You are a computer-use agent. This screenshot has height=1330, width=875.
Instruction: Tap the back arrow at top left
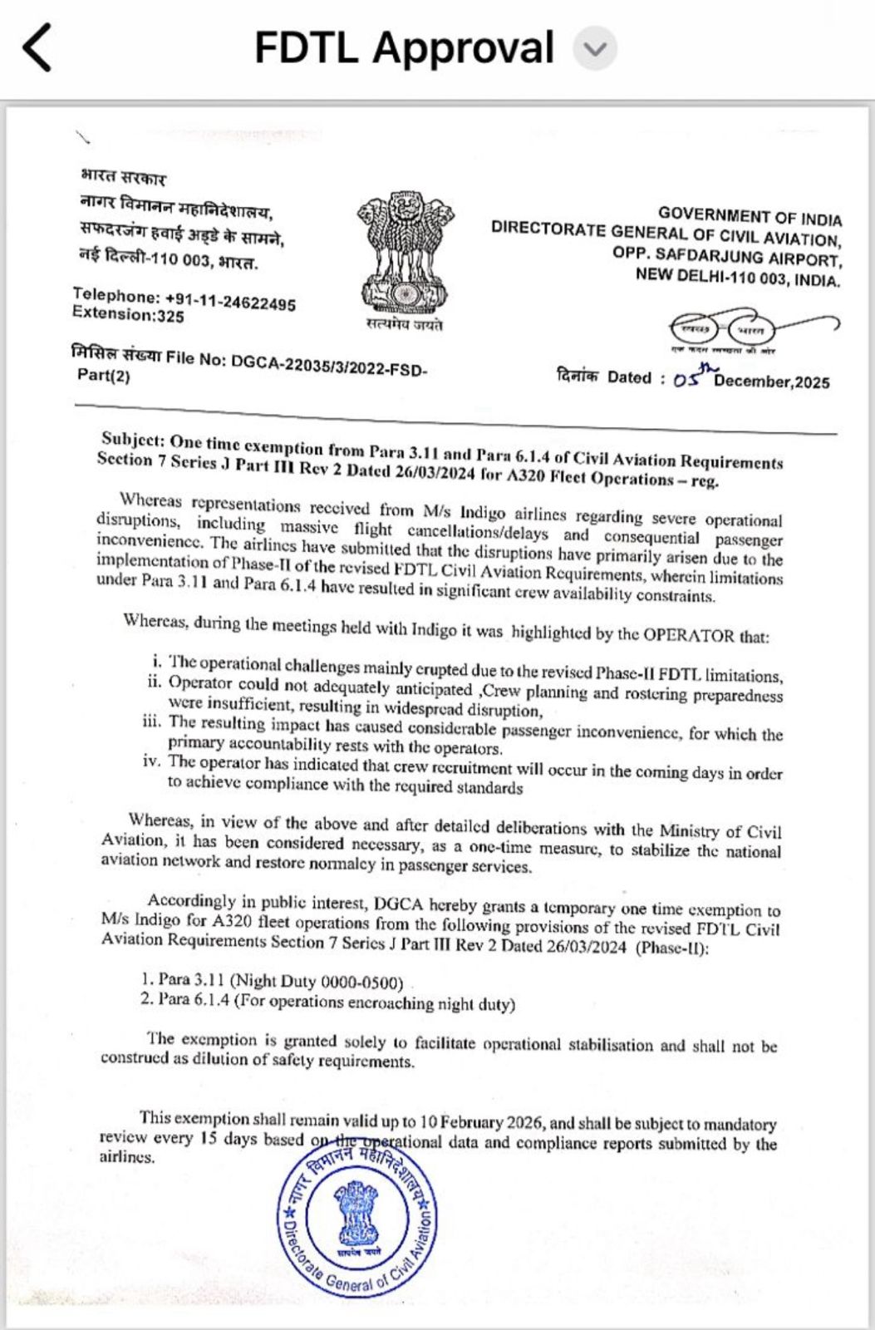(x=37, y=47)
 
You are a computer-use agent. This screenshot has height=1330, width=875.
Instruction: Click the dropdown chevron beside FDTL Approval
(x=595, y=48)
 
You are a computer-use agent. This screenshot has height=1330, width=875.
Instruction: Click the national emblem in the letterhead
(x=405, y=251)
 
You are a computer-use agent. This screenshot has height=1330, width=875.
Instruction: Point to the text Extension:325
(x=128, y=315)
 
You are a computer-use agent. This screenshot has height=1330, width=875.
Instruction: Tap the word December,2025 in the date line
(x=771, y=382)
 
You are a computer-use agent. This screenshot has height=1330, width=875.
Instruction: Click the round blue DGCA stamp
(x=357, y=1218)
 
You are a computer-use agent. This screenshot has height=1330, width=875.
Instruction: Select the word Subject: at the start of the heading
(x=132, y=440)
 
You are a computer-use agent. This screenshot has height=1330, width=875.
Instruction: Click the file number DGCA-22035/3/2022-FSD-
(x=329, y=364)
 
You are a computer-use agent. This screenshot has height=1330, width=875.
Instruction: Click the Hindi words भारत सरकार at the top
(x=123, y=177)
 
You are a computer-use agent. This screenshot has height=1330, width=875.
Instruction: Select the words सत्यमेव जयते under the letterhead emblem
(x=405, y=325)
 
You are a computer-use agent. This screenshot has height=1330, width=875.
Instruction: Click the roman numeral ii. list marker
(x=153, y=682)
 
